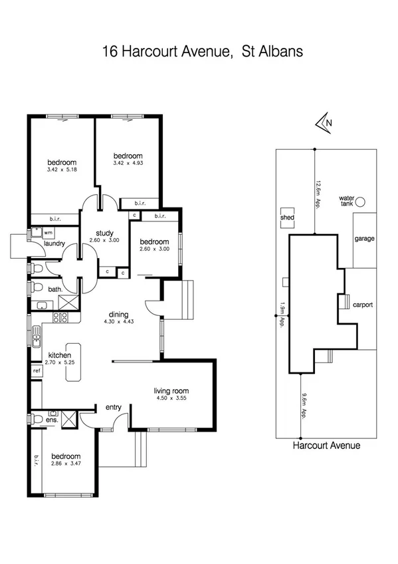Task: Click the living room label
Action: pos(172,391)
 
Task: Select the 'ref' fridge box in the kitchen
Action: pos(35,370)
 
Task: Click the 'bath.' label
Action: pos(54,289)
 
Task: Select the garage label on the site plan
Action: pos(364,238)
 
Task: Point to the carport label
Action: pos(363,305)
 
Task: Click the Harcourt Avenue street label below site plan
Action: pos(326,446)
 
